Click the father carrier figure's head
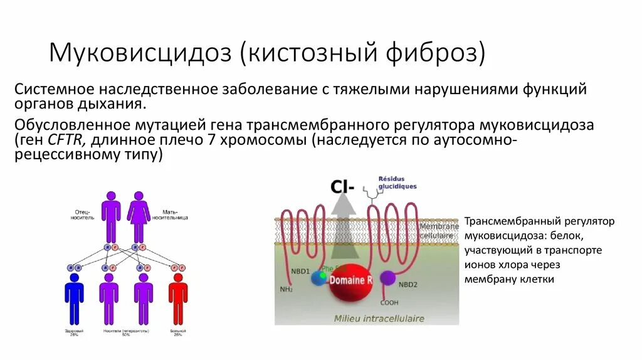pos(111,196)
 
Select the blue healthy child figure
pos(74,298)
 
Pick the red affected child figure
pos(178,298)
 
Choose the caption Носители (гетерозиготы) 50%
pos(126,332)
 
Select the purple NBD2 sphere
pos(388,278)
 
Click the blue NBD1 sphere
pos(319,278)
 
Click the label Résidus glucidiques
pos(397,183)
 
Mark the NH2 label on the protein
pos(287,289)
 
